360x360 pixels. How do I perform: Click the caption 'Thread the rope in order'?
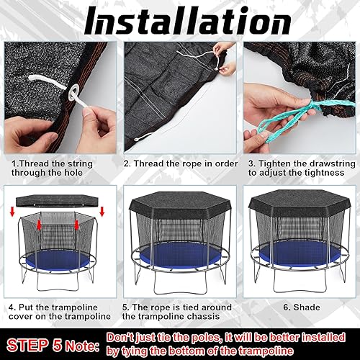click(180, 163)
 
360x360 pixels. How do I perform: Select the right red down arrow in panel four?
click(102, 212)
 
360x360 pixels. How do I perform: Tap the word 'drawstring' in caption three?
click(314, 163)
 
